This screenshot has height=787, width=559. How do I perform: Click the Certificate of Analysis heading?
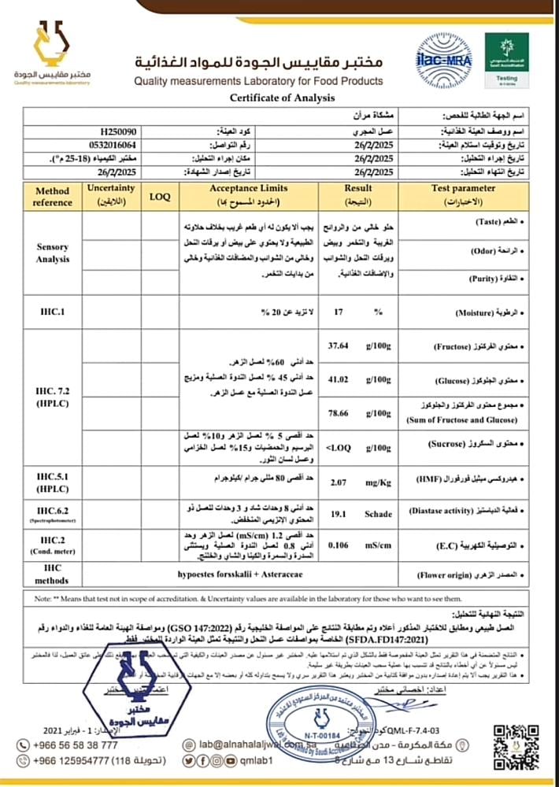[281, 98]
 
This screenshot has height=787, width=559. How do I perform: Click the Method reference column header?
[53, 196]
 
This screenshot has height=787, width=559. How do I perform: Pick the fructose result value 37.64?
[338, 344]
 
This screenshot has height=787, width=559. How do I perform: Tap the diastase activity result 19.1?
[339, 513]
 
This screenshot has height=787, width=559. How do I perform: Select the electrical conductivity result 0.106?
[339, 544]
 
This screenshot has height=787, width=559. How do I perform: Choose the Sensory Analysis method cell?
[53, 253]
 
